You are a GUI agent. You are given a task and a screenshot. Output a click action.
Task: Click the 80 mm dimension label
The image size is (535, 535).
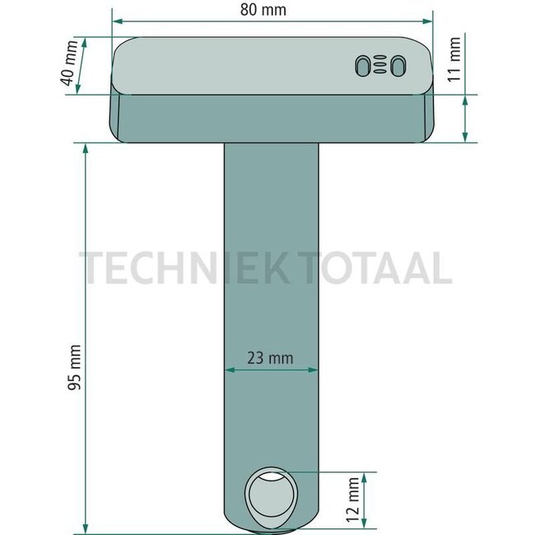click(x=271, y=11)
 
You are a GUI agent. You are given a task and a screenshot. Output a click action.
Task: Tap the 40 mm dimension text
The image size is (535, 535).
click(x=70, y=65)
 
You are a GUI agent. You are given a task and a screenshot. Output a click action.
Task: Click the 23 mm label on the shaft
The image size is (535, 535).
click(x=271, y=357)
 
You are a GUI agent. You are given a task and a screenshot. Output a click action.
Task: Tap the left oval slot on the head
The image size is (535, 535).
click(x=363, y=66)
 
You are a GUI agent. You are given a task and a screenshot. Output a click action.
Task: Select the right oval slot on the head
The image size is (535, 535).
click(x=398, y=66)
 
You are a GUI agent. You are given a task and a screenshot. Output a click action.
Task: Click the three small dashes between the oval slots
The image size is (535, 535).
click(x=380, y=66)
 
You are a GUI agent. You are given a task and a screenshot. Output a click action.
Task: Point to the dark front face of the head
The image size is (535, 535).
click(x=272, y=117)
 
